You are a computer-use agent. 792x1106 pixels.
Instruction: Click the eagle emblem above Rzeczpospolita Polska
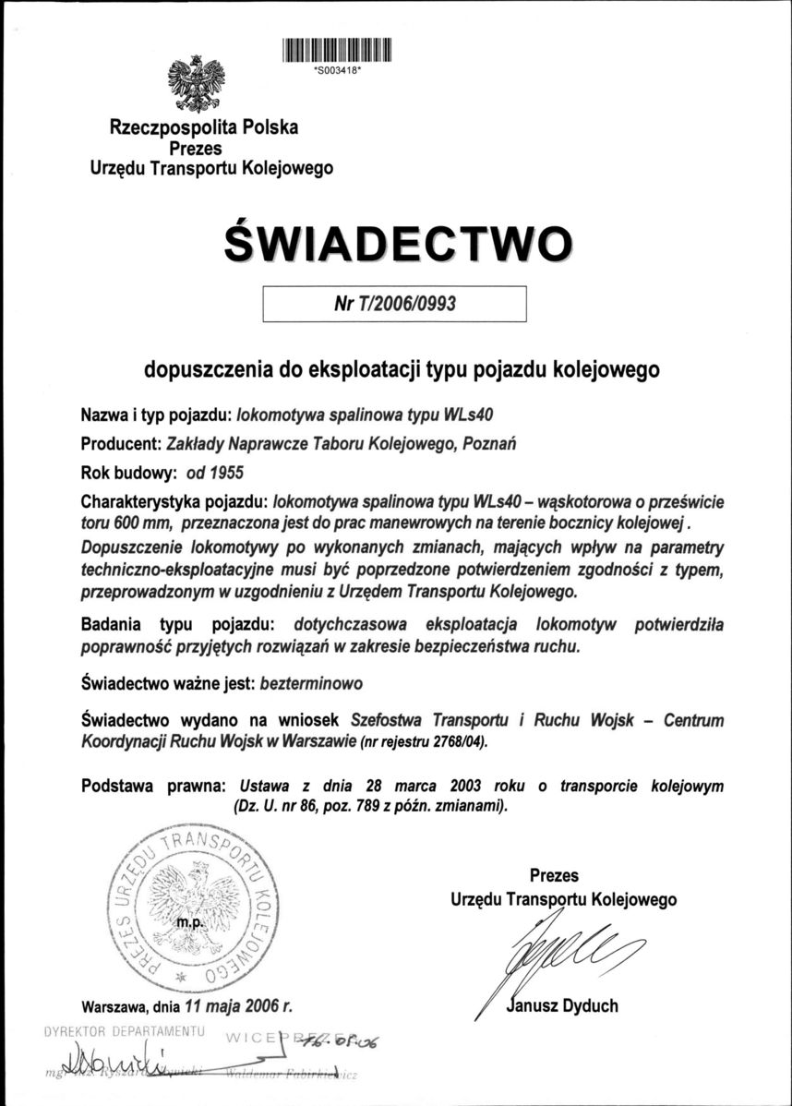click(197, 83)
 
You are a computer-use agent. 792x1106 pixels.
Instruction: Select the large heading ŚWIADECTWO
click(396, 240)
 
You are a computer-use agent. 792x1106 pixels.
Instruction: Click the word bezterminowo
click(312, 683)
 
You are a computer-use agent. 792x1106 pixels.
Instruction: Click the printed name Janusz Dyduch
click(563, 1005)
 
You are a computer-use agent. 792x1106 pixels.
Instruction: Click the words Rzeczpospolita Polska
click(204, 127)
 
